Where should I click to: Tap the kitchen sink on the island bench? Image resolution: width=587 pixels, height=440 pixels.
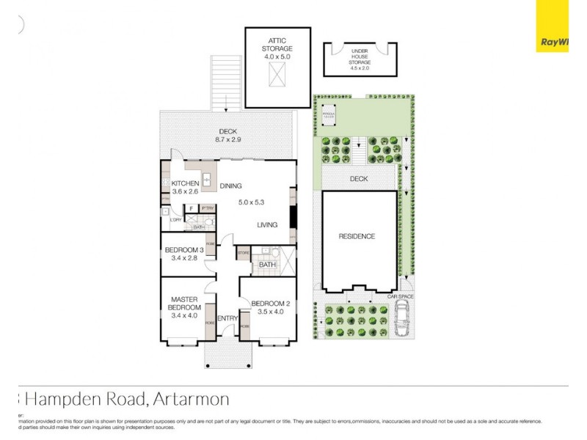click(207, 178)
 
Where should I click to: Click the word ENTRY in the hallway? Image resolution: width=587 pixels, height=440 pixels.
click(227, 318)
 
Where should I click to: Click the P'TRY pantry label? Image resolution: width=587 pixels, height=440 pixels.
click(206, 208)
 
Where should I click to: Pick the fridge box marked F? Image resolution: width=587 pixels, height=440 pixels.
click(191, 208)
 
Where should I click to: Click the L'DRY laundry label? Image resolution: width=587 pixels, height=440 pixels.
click(176, 219)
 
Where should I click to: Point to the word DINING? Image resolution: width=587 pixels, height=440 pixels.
click(230, 186)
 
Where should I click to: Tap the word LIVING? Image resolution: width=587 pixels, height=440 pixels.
click(267, 225)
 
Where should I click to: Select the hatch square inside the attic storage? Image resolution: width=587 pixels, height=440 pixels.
click(277, 74)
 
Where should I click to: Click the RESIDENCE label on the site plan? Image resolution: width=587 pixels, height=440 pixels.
click(357, 236)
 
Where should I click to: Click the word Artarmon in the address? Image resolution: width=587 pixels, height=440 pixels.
click(192, 400)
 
